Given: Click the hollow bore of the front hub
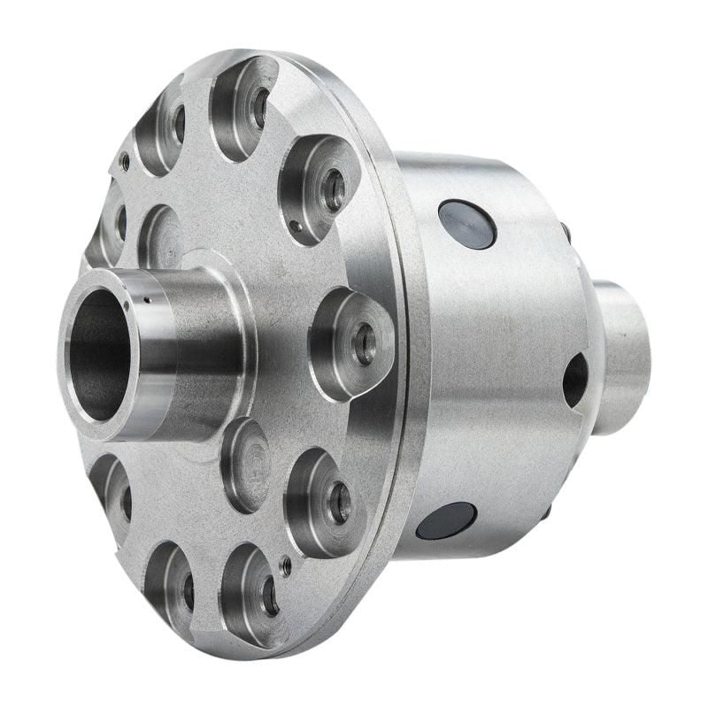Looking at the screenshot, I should point(96,354).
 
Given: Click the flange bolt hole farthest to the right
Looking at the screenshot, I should point(364,343).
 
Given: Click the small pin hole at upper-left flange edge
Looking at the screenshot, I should point(125,162).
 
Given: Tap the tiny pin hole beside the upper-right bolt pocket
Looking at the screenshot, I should point(295,227).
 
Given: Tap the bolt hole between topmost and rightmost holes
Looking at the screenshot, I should point(334,189).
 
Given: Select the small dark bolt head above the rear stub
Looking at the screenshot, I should point(565,232).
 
